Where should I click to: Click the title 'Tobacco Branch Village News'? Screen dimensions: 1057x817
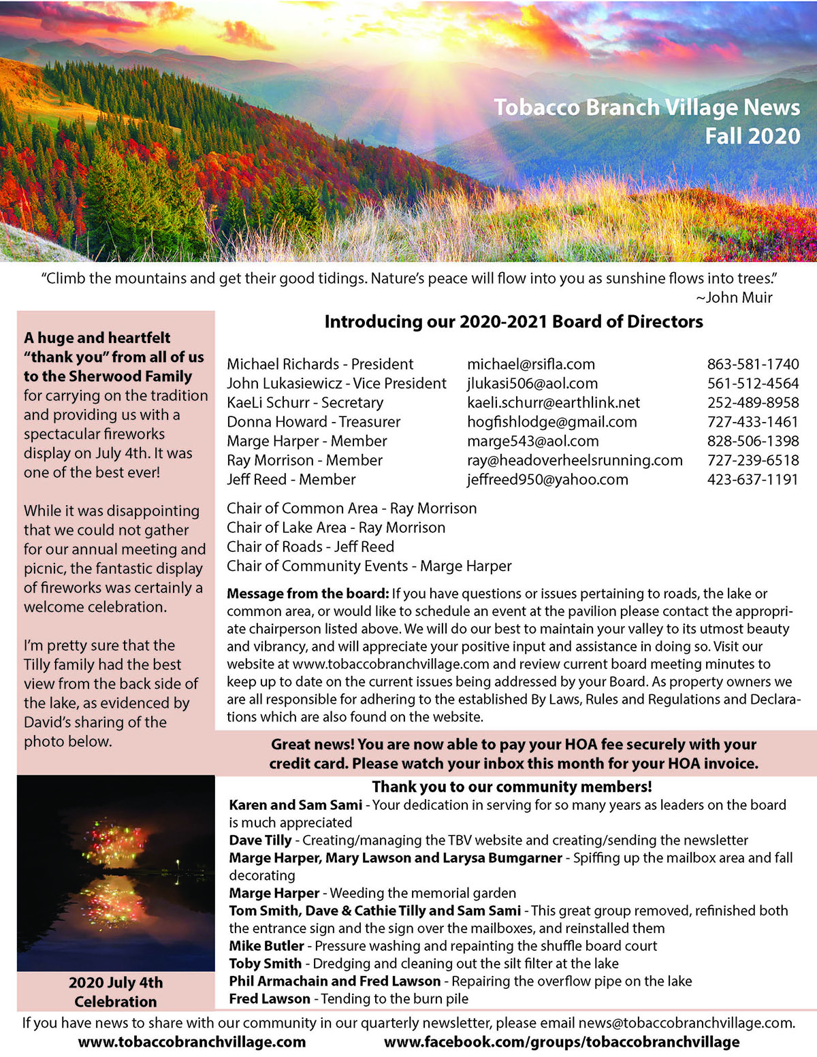tap(646, 108)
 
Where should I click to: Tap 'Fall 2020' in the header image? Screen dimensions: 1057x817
tap(752, 136)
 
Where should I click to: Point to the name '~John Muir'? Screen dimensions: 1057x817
tap(734, 297)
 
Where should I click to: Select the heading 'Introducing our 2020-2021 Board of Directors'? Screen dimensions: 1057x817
tap(513, 322)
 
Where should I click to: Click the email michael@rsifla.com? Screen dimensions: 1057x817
tap(530, 364)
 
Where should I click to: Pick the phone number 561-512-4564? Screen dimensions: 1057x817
tap(752, 383)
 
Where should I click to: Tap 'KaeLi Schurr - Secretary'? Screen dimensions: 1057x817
tap(305, 402)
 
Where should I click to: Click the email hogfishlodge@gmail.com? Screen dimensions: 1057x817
tap(551, 422)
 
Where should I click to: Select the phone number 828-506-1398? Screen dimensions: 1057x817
tap(752, 441)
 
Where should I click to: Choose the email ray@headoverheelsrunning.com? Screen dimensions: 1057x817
tap(575, 460)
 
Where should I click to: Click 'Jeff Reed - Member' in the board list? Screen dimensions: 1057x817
tap(291, 479)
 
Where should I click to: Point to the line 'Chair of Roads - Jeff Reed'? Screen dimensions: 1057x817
tap(310, 547)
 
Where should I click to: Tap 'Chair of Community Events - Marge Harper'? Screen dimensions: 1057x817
tap(368, 566)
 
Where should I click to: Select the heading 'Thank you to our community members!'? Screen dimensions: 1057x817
tap(511, 787)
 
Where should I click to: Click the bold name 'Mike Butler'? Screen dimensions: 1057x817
tap(266, 946)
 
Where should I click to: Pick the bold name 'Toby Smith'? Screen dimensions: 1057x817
tap(265, 964)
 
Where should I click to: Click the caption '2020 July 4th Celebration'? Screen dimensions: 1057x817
tap(116, 992)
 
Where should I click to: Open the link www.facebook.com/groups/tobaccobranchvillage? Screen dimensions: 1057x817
tap(561, 1042)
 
